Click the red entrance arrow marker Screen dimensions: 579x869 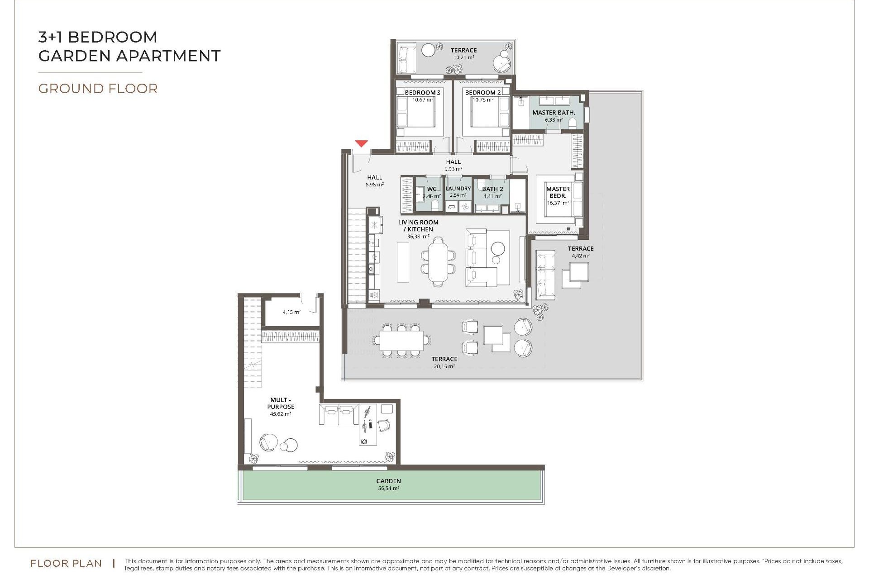pos(361,144)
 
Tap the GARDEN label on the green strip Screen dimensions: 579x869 pos(388,481)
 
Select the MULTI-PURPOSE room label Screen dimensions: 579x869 pos(281,403)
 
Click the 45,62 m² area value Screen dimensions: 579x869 pos(281,414)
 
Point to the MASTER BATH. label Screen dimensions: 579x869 pos(554,113)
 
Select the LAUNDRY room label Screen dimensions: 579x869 pos(458,189)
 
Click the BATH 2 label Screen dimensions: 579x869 pos(492,189)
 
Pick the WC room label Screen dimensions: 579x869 pos(432,189)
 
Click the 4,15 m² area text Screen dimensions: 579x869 pos(291,312)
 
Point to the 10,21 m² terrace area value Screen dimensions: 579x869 pos(463,57)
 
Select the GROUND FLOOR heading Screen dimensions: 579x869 pos(98,89)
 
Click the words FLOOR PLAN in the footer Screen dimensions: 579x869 pos(66,563)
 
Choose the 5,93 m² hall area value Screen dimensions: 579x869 pos(453,169)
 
